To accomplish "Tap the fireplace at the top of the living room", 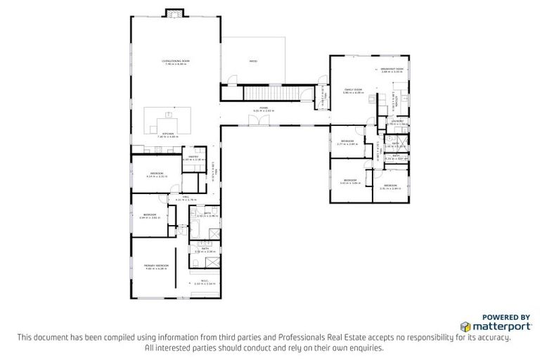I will tap(174, 13).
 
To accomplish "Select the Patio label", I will tap(253, 62).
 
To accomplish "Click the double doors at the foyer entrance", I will tap(262, 120).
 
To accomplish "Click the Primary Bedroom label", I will tap(153, 266).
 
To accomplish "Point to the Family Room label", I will tap(352, 90).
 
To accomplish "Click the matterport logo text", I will tap(490, 327).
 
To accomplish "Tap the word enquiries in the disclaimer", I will tap(368, 348).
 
